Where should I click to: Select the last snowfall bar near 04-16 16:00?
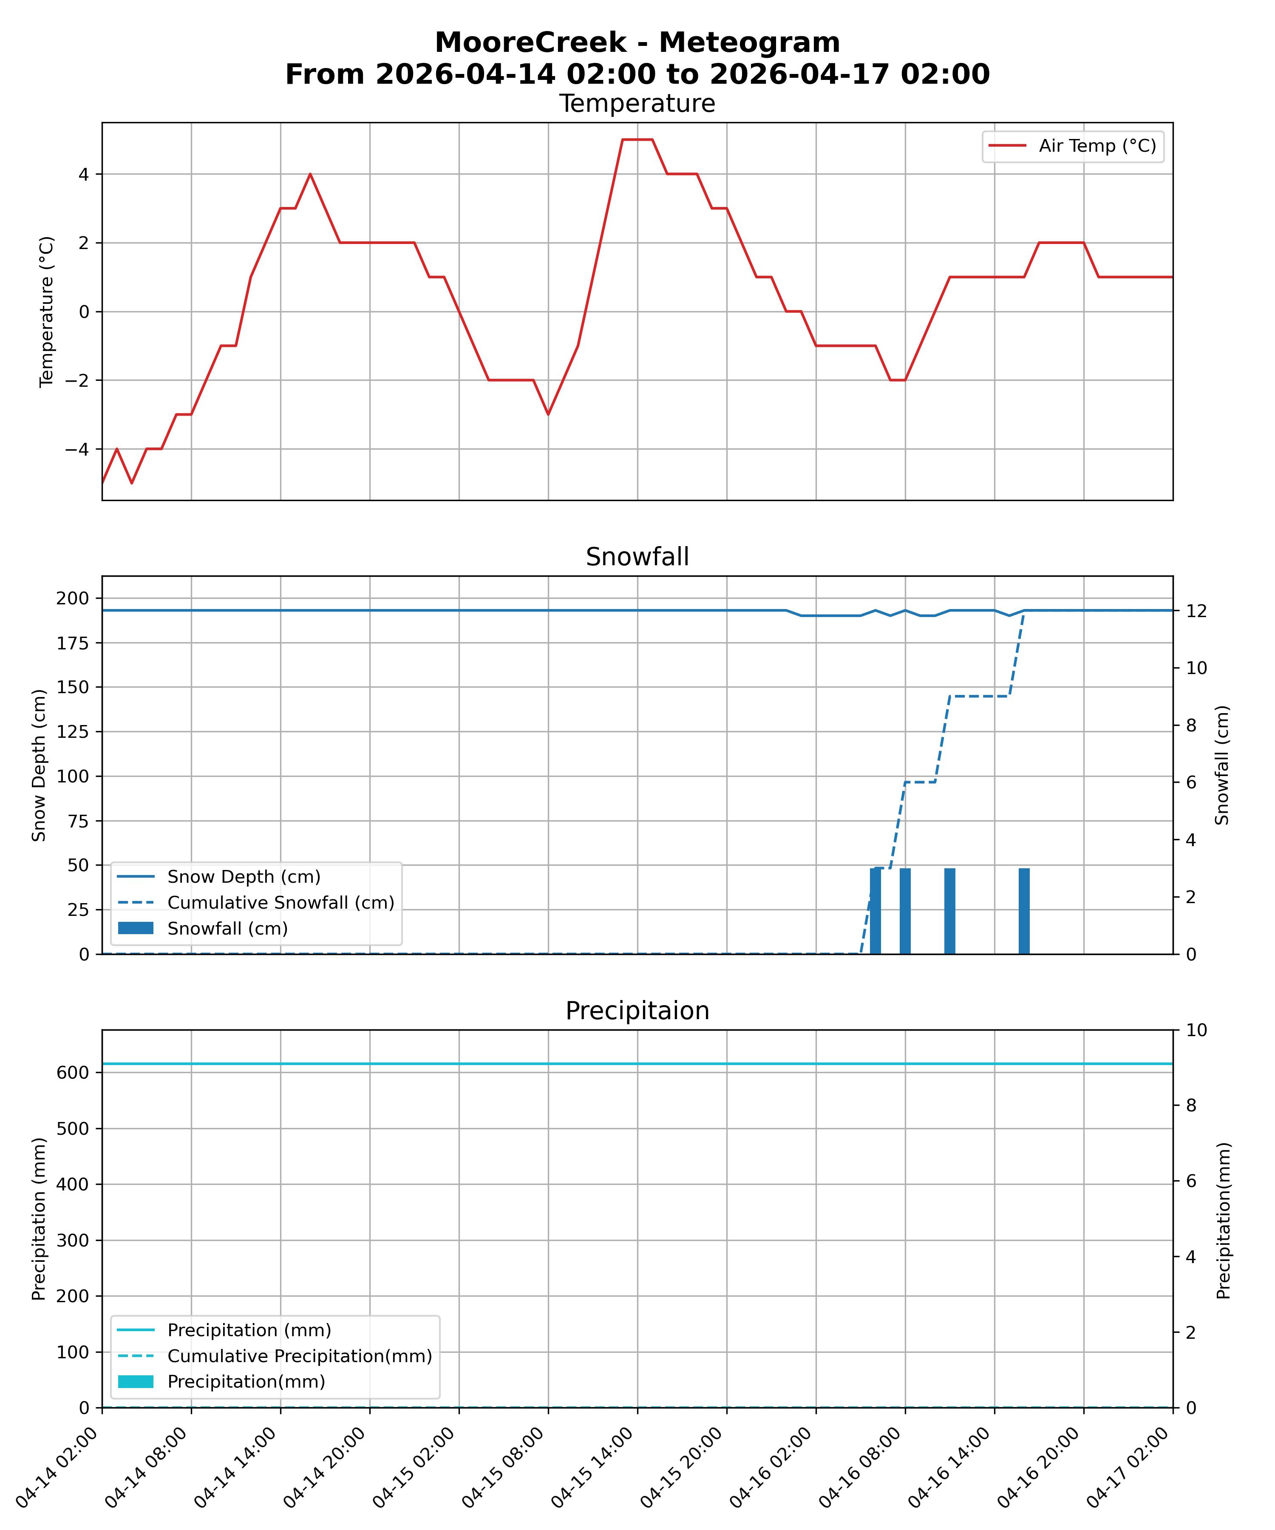(1024, 911)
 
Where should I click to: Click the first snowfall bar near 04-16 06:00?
(875, 911)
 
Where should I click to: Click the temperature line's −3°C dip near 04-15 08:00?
(548, 414)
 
